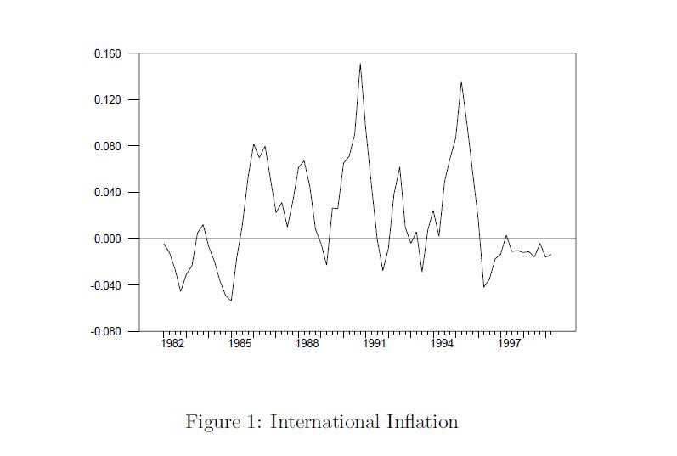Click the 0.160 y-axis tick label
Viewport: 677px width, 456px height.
[x=107, y=54]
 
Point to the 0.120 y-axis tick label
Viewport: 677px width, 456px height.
[x=107, y=100]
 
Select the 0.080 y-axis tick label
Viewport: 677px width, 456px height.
[x=107, y=146]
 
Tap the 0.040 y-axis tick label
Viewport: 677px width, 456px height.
[x=107, y=193]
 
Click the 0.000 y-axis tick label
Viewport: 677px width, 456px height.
[x=107, y=239]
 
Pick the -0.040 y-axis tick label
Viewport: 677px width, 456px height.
[x=105, y=285]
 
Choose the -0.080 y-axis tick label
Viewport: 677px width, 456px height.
[x=105, y=331]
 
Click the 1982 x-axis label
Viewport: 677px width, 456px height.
[x=172, y=344]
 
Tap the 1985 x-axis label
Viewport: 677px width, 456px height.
[x=240, y=344]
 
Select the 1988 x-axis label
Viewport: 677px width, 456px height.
[x=307, y=344]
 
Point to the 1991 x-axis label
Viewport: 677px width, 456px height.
[x=375, y=344]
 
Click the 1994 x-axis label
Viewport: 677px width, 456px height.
[x=442, y=344]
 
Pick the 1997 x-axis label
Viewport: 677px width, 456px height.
[x=510, y=344]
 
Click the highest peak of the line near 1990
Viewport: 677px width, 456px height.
[x=360, y=64]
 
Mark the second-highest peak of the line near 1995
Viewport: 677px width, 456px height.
[x=461, y=82]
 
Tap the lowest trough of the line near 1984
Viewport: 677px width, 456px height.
[x=230, y=301]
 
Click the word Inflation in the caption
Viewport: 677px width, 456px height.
[x=421, y=422]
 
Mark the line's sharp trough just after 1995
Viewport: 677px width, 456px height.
[x=483, y=287]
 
